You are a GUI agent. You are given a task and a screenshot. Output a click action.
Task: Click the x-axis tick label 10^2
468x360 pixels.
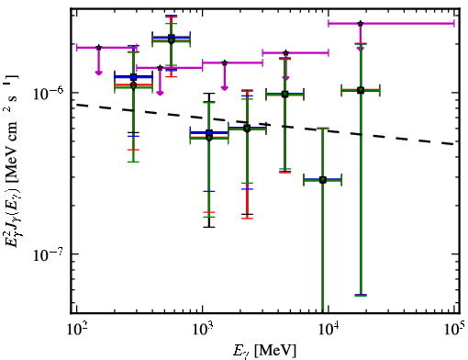(x=77, y=330)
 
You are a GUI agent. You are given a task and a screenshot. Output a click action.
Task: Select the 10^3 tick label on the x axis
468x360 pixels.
(x=203, y=330)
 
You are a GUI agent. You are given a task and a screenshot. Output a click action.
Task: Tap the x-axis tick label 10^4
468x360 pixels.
(x=329, y=330)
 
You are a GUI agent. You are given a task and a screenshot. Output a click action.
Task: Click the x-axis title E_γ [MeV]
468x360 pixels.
(x=264, y=351)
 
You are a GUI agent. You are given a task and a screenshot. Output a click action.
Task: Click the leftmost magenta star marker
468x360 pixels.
(x=98, y=48)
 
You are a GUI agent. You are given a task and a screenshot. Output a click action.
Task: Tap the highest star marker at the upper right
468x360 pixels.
(x=361, y=23)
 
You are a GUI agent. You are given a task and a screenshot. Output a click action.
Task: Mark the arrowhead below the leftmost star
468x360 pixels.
(x=98, y=73)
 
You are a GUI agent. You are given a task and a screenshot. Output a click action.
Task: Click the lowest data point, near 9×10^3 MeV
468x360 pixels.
(x=323, y=180)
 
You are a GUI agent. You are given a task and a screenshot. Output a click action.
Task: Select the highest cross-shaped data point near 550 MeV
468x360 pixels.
(x=172, y=39)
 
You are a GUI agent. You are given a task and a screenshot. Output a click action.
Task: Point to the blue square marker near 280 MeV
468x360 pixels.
(x=133, y=77)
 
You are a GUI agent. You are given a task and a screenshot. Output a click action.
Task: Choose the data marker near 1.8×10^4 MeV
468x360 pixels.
(x=361, y=90)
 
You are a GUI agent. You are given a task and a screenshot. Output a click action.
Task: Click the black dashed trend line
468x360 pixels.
(x=265, y=124)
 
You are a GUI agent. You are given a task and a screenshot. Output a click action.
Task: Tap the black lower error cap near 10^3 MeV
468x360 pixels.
(x=209, y=227)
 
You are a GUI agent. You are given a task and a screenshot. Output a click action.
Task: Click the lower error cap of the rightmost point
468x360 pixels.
(x=361, y=295)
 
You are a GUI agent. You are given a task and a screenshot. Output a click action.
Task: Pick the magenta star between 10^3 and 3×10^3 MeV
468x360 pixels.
(x=225, y=62)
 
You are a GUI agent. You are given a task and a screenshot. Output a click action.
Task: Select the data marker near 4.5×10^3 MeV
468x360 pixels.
(x=284, y=95)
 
